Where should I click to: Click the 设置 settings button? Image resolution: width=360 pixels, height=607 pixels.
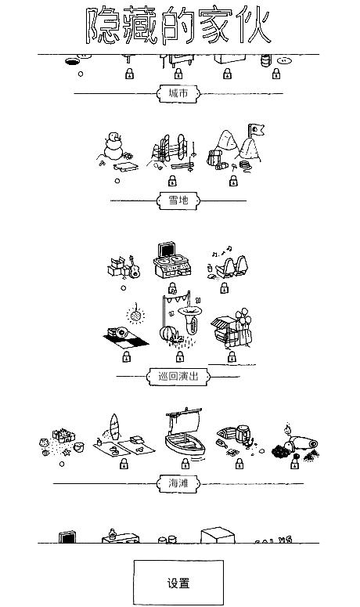(x=178, y=582)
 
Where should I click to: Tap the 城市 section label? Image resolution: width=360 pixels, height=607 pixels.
(x=178, y=93)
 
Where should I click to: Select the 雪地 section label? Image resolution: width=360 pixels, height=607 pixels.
(x=178, y=201)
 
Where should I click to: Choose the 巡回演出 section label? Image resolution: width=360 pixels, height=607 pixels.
(x=178, y=376)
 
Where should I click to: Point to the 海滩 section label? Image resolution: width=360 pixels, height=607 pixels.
(x=178, y=483)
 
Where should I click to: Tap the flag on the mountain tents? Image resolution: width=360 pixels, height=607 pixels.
(x=257, y=130)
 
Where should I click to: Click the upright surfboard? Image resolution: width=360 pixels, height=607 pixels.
(x=114, y=427)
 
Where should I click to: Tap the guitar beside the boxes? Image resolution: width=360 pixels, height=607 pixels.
(x=134, y=267)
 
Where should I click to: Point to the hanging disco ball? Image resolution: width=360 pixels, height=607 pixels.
(x=135, y=314)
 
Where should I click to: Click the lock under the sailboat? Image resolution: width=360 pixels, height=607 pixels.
(x=185, y=464)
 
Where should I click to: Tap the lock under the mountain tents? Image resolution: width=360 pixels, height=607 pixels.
(x=233, y=180)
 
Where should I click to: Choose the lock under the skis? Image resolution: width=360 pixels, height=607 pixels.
(x=172, y=180)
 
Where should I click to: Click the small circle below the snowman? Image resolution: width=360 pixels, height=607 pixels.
(x=117, y=180)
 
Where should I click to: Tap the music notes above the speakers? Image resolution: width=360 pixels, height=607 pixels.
(x=222, y=251)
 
